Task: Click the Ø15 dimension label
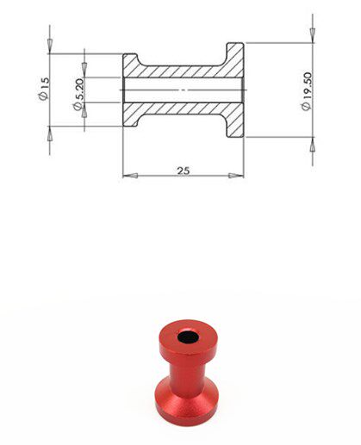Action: click(44, 89)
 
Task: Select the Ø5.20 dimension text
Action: click(78, 94)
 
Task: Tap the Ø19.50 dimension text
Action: click(307, 91)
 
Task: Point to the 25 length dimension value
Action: click(184, 170)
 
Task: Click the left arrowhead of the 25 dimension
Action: click(130, 176)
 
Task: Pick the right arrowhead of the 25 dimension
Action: click(236, 176)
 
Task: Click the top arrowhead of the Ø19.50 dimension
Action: click(313, 35)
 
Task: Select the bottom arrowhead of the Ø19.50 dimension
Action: click(313, 145)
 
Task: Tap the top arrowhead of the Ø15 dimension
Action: click(50, 46)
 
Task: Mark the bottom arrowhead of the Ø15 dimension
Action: click(50, 133)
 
